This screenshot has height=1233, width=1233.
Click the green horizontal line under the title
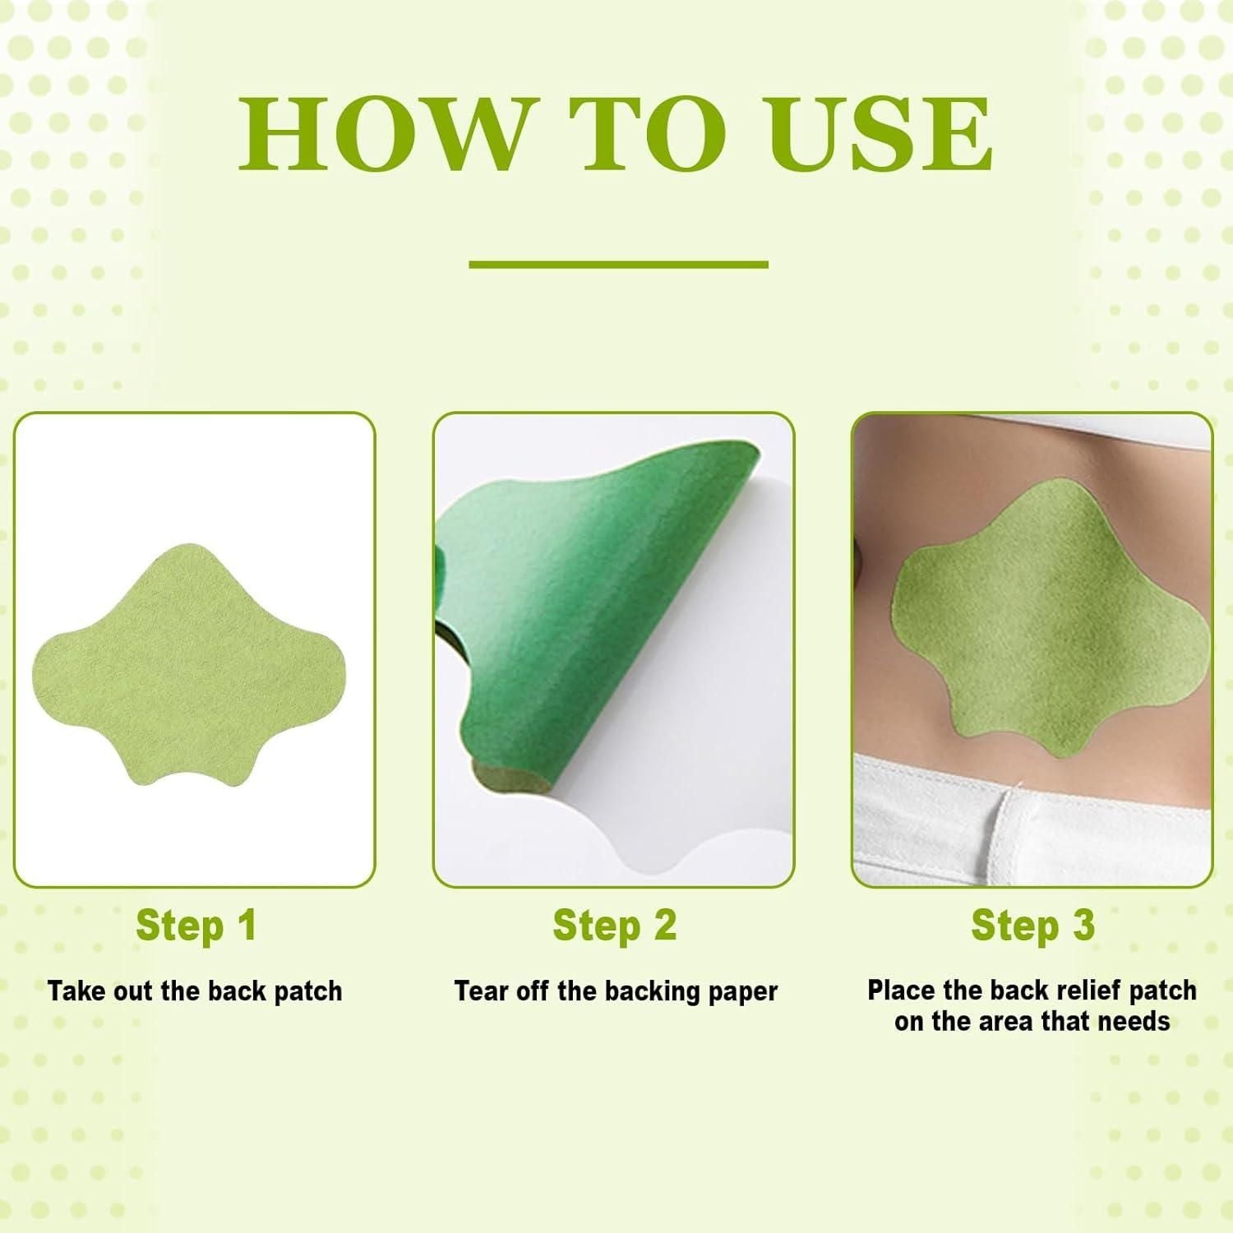[x=618, y=265]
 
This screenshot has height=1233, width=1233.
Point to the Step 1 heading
[x=196, y=926]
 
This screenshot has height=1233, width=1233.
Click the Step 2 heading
[x=614, y=926]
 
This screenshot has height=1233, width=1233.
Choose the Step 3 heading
[x=1032, y=926]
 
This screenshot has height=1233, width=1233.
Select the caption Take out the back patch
[x=195, y=991]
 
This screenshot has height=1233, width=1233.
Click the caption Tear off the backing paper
[x=615, y=991]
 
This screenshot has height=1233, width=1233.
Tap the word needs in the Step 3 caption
[x=1138, y=1022]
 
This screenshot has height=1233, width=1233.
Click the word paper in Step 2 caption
[x=745, y=992]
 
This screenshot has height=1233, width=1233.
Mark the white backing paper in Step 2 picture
[x=699, y=789]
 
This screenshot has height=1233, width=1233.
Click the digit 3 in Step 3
[x=1083, y=926]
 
